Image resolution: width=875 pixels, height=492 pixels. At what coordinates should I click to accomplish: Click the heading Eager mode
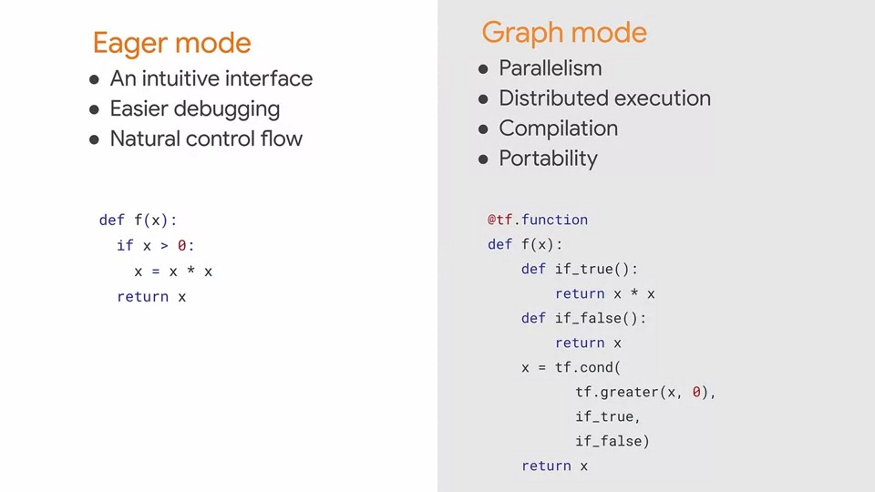click(171, 43)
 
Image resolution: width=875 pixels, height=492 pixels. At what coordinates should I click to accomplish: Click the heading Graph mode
click(564, 33)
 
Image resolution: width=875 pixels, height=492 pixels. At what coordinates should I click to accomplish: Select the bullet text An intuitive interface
click(211, 79)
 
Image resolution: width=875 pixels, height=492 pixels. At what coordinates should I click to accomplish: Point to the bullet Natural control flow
click(206, 139)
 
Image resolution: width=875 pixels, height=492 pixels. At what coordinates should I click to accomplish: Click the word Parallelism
click(551, 68)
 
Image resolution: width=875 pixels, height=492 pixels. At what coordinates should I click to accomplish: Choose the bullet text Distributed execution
click(604, 98)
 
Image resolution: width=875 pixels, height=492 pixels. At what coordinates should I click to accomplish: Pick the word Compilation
click(558, 128)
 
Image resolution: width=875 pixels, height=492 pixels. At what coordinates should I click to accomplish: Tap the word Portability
click(548, 159)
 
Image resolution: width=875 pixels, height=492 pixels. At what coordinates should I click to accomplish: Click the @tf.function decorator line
click(538, 220)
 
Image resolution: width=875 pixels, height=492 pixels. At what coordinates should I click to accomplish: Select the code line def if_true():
click(580, 269)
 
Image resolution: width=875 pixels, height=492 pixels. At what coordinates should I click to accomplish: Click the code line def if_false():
click(583, 318)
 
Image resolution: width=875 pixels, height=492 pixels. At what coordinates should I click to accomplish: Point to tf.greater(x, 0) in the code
click(645, 392)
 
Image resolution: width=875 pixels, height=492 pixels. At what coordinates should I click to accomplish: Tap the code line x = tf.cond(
click(571, 367)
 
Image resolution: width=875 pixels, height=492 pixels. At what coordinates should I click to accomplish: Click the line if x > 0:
click(156, 245)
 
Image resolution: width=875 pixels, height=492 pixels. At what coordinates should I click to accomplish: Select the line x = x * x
click(173, 271)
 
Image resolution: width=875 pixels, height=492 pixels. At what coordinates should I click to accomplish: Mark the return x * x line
click(605, 293)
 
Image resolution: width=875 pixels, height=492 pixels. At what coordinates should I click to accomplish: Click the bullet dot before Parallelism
click(484, 69)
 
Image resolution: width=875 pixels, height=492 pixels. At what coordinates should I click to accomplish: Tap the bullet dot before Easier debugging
click(94, 110)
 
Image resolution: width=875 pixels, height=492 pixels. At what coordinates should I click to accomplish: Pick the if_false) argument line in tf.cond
click(612, 441)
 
